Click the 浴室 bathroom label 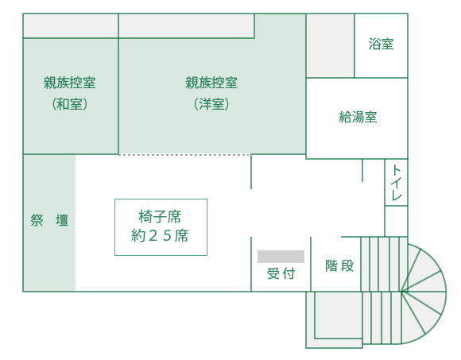pyautogui.click(x=381, y=45)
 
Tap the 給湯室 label pyautogui.click(x=358, y=117)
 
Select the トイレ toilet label pyautogui.click(x=397, y=182)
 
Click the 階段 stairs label pyautogui.click(x=339, y=265)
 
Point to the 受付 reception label pyautogui.click(x=281, y=274)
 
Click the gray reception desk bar pyautogui.click(x=281, y=257)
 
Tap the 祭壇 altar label pyautogui.click(x=49, y=220)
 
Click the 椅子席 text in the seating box pyautogui.click(x=160, y=217)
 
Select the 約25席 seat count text pyautogui.click(x=160, y=236)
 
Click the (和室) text pyautogui.click(x=70, y=104)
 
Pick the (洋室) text pyautogui.click(x=211, y=104)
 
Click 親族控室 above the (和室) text pyautogui.click(x=70, y=83)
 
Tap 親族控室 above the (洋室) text pyautogui.click(x=211, y=83)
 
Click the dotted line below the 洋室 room pyautogui.click(x=184, y=155)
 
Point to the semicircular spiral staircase pyautogui.click(x=424, y=293)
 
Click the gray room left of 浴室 pyautogui.click(x=330, y=46)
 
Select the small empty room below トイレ pyautogui.click(x=396, y=221)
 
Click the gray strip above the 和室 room pyautogui.click(x=71, y=26)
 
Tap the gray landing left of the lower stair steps pyautogui.click(x=338, y=315)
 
